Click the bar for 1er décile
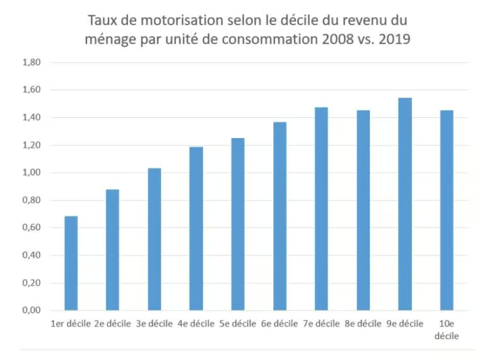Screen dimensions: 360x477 pyautogui.click(x=71, y=264)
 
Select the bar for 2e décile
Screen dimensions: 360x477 pyautogui.click(x=112, y=250)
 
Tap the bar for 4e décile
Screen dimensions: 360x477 pyautogui.click(x=196, y=229)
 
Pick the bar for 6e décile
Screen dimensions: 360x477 pyautogui.click(x=280, y=216)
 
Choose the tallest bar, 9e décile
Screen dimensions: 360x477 pyautogui.click(x=404, y=204)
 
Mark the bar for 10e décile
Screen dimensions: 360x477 pyautogui.click(x=447, y=211)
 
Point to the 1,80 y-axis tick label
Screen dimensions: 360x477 pyautogui.click(x=31, y=62)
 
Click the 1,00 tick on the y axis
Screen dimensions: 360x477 pyautogui.click(x=31, y=173)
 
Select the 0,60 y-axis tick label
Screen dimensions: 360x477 pyautogui.click(x=31, y=228)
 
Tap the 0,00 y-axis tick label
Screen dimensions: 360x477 pyautogui.click(x=31, y=311)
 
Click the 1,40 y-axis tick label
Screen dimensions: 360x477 pyautogui.click(x=31, y=118)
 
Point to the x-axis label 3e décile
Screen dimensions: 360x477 pyautogui.click(x=154, y=324)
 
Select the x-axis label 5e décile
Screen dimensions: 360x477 pyautogui.click(x=238, y=324)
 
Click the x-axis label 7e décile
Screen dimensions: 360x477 pyautogui.click(x=321, y=324)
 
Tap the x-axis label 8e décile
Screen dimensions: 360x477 pyautogui.click(x=363, y=324)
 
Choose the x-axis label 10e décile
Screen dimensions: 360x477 pyautogui.click(x=446, y=330)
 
